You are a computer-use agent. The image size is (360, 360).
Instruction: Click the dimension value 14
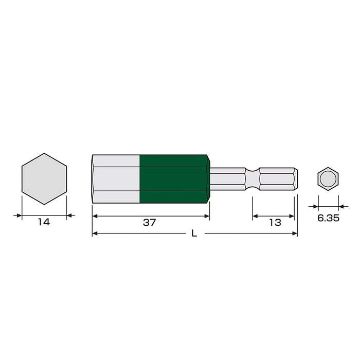(x=44, y=223)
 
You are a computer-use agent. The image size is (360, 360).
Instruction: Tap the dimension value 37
(x=149, y=223)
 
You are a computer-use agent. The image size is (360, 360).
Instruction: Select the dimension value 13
(x=275, y=223)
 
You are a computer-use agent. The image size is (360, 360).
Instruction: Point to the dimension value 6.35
(x=328, y=218)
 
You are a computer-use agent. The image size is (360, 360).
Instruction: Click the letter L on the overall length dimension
(x=194, y=233)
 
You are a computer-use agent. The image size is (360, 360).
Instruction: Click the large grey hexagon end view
(x=44, y=178)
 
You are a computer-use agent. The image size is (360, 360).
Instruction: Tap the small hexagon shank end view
(x=328, y=179)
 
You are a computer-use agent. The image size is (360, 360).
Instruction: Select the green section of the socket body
(x=173, y=178)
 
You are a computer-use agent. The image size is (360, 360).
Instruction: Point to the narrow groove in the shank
(x=252, y=179)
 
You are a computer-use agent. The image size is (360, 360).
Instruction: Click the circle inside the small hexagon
(x=328, y=179)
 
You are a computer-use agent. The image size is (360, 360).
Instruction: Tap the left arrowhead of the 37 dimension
(x=95, y=217)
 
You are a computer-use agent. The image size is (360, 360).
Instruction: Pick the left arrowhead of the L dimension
(x=95, y=233)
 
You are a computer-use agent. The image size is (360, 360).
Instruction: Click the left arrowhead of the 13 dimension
(x=255, y=217)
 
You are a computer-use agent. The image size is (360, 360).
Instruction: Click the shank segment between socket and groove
(x=227, y=179)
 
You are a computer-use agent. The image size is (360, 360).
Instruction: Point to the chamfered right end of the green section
(x=207, y=178)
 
